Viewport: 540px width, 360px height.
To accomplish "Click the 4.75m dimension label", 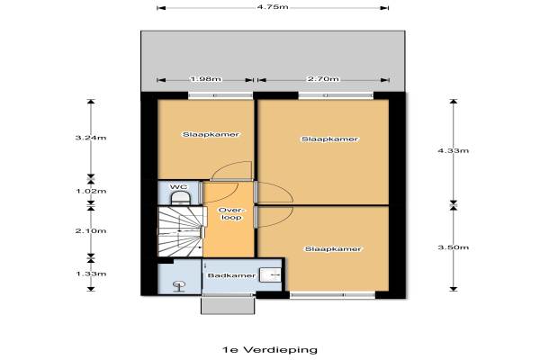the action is click(x=273, y=7).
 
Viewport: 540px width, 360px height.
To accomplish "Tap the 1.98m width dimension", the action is click(x=205, y=79).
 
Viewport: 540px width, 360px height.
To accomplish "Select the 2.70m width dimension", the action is click(x=323, y=79).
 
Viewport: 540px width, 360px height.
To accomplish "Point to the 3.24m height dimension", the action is click(x=91, y=138).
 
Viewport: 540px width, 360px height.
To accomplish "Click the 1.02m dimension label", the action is click(x=91, y=191).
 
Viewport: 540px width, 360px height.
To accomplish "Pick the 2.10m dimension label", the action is click(x=91, y=230).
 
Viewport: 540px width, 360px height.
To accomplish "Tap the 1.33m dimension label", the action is click(x=91, y=274).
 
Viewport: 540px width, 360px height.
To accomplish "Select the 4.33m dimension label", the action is click(x=454, y=150).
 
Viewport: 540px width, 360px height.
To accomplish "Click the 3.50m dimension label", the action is click(x=454, y=247).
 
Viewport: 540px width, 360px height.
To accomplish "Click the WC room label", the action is click(x=179, y=186).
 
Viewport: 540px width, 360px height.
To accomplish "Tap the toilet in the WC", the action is click(x=181, y=198).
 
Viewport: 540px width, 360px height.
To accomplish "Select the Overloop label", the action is click(x=231, y=213).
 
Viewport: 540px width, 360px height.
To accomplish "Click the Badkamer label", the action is click(x=231, y=275).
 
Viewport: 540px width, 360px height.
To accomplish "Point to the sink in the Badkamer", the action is click(x=270, y=274).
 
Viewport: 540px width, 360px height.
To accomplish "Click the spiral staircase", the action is click(x=181, y=231).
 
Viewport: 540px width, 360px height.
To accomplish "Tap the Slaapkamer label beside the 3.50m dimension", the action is click(x=333, y=248).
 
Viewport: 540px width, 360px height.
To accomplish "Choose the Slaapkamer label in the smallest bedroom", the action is click(x=211, y=134).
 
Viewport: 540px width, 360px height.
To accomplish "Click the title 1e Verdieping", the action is click(x=270, y=350).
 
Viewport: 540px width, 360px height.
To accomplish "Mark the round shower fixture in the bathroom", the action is click(x=179, y=286).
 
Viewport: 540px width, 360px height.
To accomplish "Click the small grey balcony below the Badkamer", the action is click(x=228, y=306).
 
